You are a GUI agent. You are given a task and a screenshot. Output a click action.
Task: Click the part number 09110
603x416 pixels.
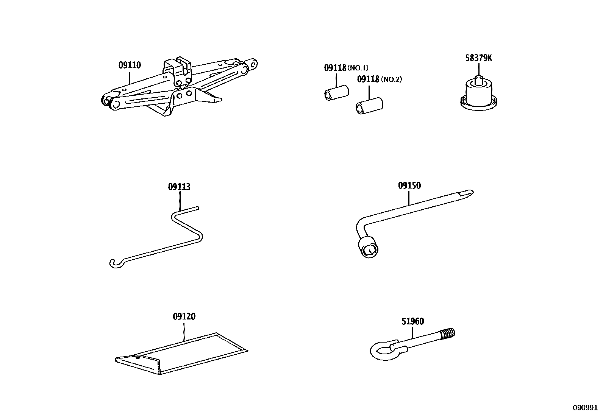tap(130, 65)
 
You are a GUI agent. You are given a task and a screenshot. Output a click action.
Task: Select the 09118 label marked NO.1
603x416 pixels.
tap(335, 68)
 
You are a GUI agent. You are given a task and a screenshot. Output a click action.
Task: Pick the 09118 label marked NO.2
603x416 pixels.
tap(368, 79)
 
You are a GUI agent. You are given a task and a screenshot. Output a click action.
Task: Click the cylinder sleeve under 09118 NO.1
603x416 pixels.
tap(336, 94)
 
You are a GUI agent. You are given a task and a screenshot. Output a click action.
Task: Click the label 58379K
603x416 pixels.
tap(479, 58)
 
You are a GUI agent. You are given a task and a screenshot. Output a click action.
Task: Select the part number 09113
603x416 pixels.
tap(179, 187)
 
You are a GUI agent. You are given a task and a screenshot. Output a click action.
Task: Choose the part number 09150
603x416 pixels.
tap(409, 185)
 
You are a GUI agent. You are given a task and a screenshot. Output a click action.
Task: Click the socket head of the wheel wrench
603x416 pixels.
tap(368, 248)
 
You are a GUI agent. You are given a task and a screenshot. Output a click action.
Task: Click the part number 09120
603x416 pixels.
tap(184, 316)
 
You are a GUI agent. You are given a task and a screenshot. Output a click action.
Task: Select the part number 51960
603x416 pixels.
tap(412, 321)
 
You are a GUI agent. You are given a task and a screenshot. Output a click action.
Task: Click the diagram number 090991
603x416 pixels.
tap(584, 408)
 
